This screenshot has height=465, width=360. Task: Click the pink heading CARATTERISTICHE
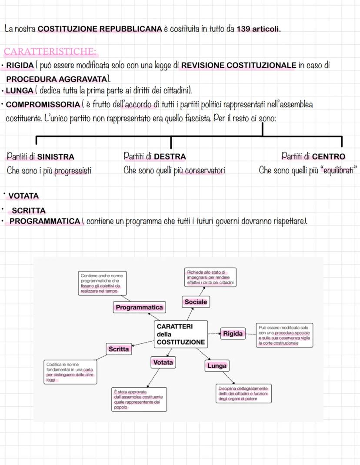point(50,51)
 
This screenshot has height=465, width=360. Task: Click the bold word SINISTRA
point(56,157)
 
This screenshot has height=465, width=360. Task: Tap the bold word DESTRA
point(170,156)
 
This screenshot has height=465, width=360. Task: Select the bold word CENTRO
point(329,156)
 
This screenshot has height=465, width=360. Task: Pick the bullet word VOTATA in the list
point(23,196)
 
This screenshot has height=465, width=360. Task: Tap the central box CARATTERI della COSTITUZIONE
point(180,334)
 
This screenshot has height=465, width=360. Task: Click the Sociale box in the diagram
point(196,302)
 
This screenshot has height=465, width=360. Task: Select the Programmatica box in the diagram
point(139,308)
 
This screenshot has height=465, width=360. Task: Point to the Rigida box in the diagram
point(233,334)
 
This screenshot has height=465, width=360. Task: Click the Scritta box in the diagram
point(119,349)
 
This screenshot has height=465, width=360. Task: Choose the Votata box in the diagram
point(163,362)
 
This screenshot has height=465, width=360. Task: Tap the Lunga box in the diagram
point(217,366)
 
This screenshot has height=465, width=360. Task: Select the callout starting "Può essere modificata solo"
point(284,335)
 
